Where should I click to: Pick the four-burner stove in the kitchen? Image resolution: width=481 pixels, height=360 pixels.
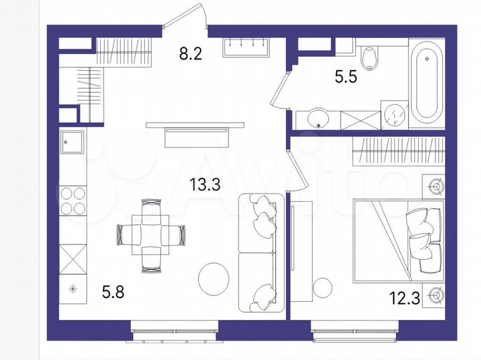(73, 200)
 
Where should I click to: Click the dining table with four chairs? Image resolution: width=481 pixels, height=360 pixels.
(150, 234)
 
